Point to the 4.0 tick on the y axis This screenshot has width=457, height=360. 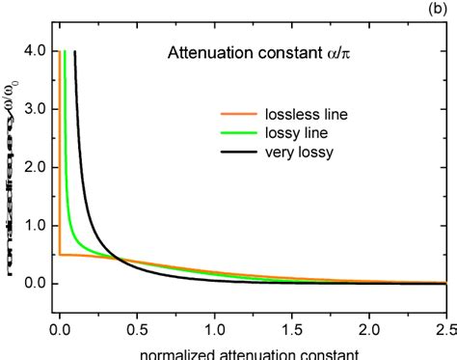pos(36,51)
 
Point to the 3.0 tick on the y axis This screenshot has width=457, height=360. pos(36,109)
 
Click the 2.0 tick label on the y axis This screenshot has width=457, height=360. pos(36,167)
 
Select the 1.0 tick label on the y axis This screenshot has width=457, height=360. pos(36,225)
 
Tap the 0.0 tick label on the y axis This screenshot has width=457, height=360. pos(36,283)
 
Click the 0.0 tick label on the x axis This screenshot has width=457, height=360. pos(60,327)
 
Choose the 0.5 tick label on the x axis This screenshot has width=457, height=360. pos(137,327)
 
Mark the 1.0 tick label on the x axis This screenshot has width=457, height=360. pos(214,327)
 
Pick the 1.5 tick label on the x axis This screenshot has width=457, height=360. pos(291,327)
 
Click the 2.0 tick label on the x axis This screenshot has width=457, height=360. pos(368,327)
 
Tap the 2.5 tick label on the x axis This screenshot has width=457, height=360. pos(444,327)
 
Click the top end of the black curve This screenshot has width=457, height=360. pos(75,52)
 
